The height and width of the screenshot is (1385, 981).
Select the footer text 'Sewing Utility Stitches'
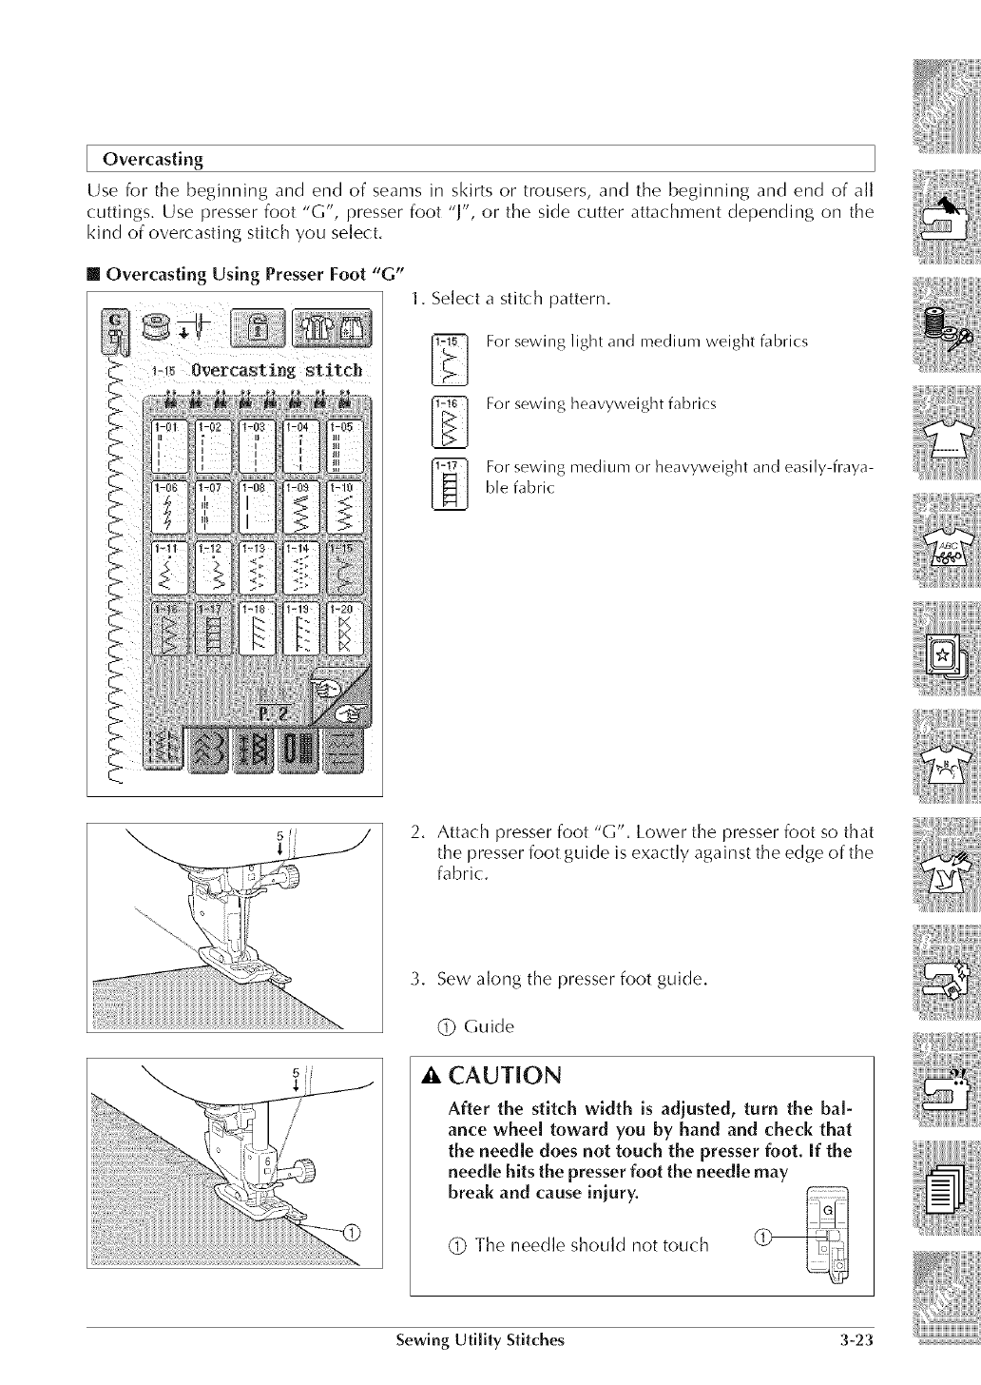click(480, 1342)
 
